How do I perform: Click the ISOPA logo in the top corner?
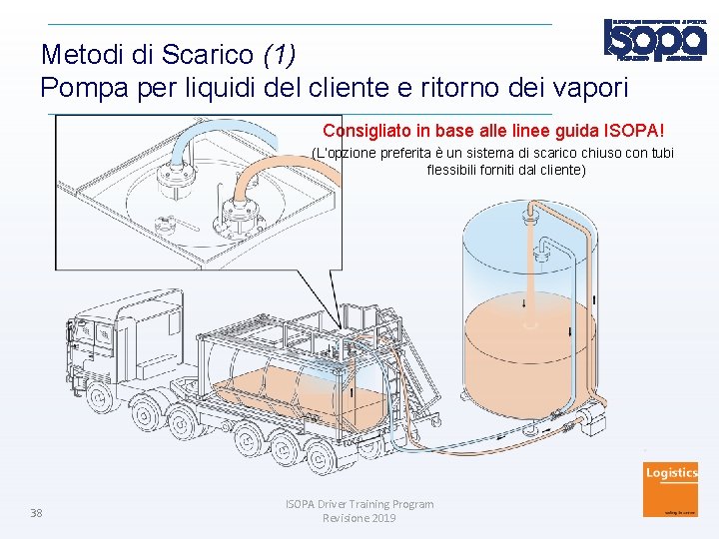(653, 41)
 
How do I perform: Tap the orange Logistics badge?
(671, 489)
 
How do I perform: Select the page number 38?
(36, 513)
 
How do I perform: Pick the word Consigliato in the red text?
(364, 131)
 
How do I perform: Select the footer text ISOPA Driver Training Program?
(359, 504)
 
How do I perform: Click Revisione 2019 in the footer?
(359, 518)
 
